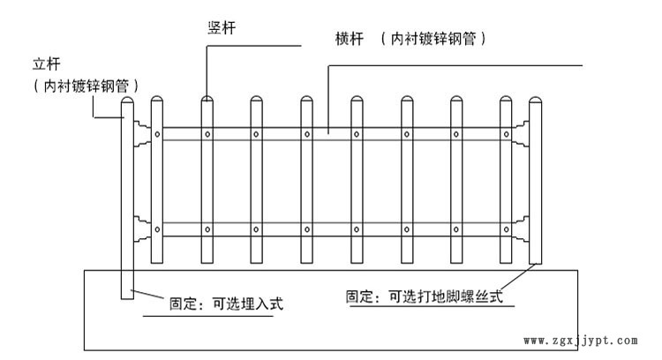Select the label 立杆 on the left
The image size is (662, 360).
(x=44, y=64)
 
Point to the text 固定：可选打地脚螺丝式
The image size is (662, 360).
(x=424, y=297)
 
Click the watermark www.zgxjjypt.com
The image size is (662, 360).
(x=580, y=340)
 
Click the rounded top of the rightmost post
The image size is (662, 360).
(x=535, y=102)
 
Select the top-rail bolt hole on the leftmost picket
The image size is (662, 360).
(x=157, y=134)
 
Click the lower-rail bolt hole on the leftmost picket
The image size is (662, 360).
(x=157, y=229)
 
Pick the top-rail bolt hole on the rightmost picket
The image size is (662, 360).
(x=505, y=134)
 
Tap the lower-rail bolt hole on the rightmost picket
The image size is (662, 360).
(x=505, y=229)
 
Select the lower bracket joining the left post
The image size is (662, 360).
(x=140, y=229)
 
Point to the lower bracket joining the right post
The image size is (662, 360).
(x=522, y=229)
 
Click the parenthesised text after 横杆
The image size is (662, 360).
(x=433, y=40)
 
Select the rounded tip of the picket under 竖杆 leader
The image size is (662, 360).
(x=207, y=101)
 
